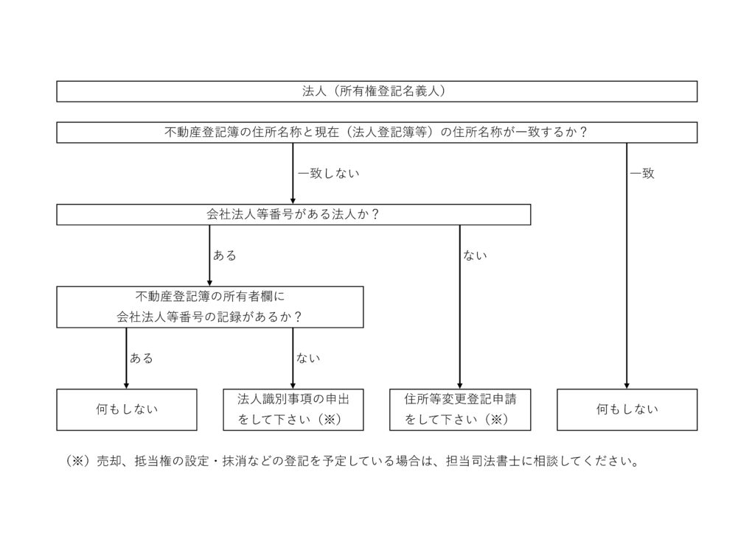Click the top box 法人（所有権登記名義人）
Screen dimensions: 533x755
[377, 91]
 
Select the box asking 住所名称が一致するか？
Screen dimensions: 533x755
[377, 133]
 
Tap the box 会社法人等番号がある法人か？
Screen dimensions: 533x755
[293, 214]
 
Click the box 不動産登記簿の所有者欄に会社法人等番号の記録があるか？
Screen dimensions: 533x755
[210, 307]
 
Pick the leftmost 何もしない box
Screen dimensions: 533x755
[127, 409]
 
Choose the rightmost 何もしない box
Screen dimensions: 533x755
[627, 409]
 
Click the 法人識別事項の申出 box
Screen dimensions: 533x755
[293, 409]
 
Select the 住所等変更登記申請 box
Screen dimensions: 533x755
[460, 409]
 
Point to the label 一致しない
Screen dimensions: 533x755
[329, 174]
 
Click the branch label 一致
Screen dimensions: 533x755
[642, 174]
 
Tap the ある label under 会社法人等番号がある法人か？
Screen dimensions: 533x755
[224, 255]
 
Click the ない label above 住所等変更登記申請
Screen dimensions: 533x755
[475, 255]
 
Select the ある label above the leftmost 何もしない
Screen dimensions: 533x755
[142, 359]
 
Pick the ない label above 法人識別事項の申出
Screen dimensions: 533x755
[308, 359]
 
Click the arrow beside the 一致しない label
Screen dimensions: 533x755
[293, 174]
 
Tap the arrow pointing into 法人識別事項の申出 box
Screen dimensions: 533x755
[293, 359]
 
